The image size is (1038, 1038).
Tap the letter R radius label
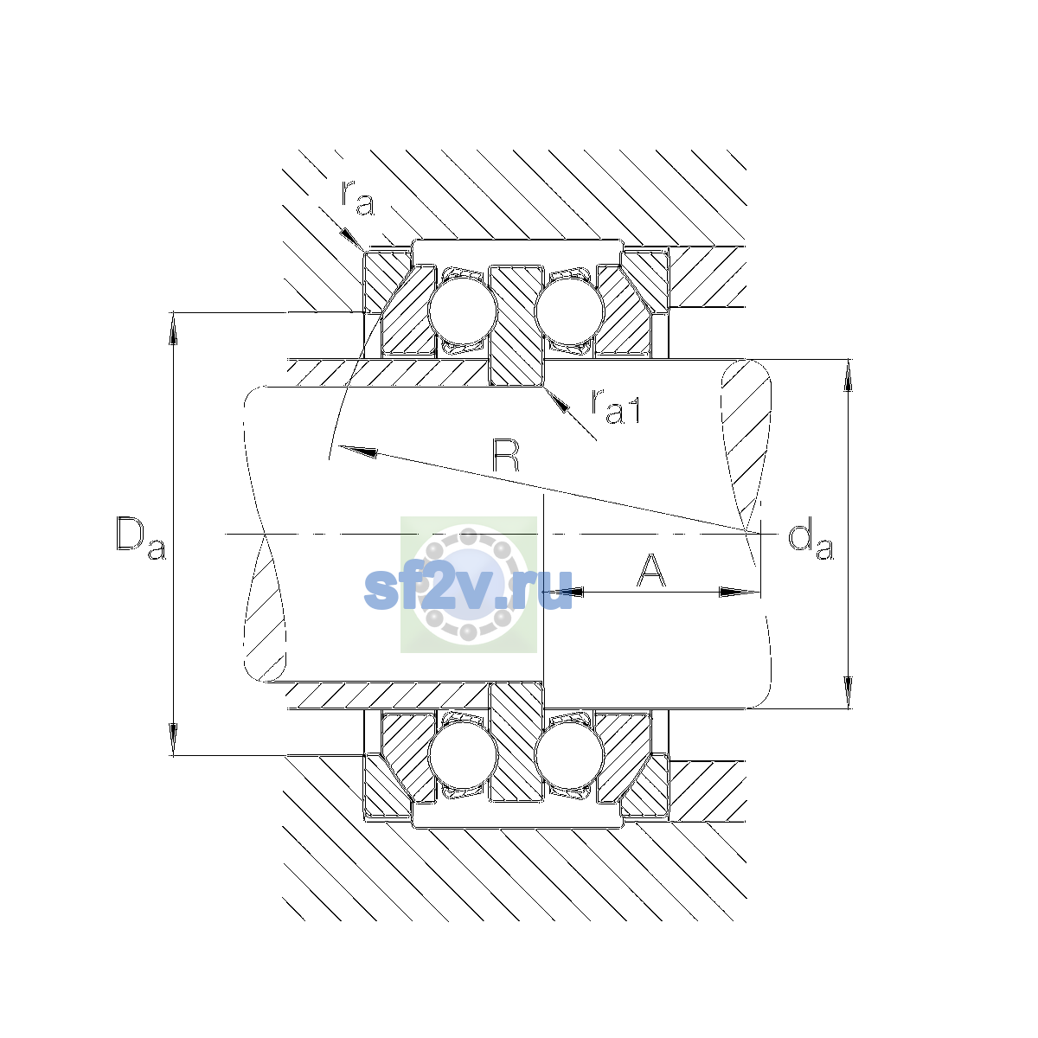(506, 455)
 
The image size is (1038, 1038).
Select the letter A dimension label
(650, 570)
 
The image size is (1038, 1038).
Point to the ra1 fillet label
(616, 407)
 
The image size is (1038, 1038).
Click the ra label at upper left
(357, 198)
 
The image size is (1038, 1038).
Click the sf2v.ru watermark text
(468, 589)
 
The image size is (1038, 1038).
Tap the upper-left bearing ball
(462, 311)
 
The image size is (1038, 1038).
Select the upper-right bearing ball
(569, 311)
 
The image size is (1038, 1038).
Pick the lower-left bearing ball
(462, 756)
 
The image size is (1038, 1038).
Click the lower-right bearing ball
(569, 756)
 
